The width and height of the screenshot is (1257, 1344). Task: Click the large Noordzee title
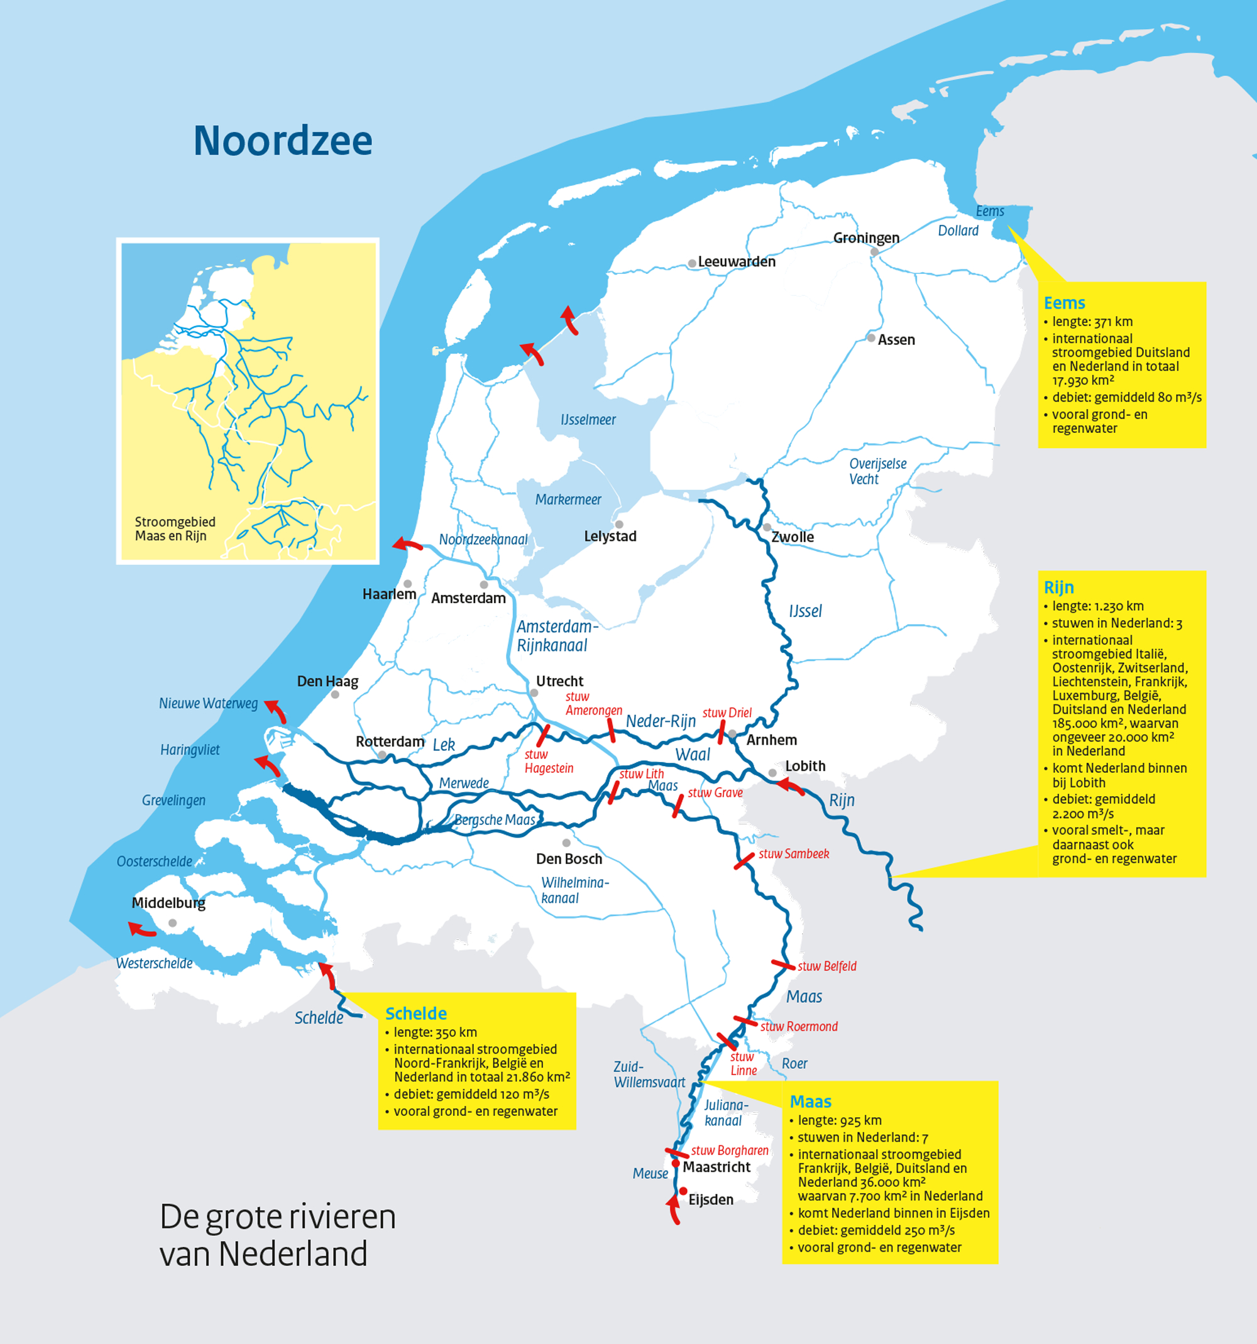283,141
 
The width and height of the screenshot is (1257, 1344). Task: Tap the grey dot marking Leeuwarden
692,264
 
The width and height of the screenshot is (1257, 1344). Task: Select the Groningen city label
865,238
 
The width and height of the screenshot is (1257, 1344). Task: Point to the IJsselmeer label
588,420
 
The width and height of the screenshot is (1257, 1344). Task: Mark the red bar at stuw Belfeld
783,964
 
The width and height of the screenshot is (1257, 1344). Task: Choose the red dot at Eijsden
683,1191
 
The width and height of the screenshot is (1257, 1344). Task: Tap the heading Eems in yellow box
1063,303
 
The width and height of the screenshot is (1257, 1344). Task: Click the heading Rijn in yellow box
1058,587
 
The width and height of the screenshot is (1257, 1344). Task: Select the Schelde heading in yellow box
416,1013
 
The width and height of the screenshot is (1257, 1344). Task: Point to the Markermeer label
568,500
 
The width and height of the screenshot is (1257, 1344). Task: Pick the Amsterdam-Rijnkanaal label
556,636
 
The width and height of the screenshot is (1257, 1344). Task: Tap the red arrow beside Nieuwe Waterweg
275,711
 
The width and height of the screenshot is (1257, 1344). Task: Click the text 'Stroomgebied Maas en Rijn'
175,528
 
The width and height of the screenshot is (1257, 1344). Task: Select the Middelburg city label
168,902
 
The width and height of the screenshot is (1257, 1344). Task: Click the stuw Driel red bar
722,732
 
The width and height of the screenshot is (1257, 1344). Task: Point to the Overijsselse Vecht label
877,471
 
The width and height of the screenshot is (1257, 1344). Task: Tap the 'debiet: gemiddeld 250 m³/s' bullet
876,1230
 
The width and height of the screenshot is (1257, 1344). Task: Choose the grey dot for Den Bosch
566,843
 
